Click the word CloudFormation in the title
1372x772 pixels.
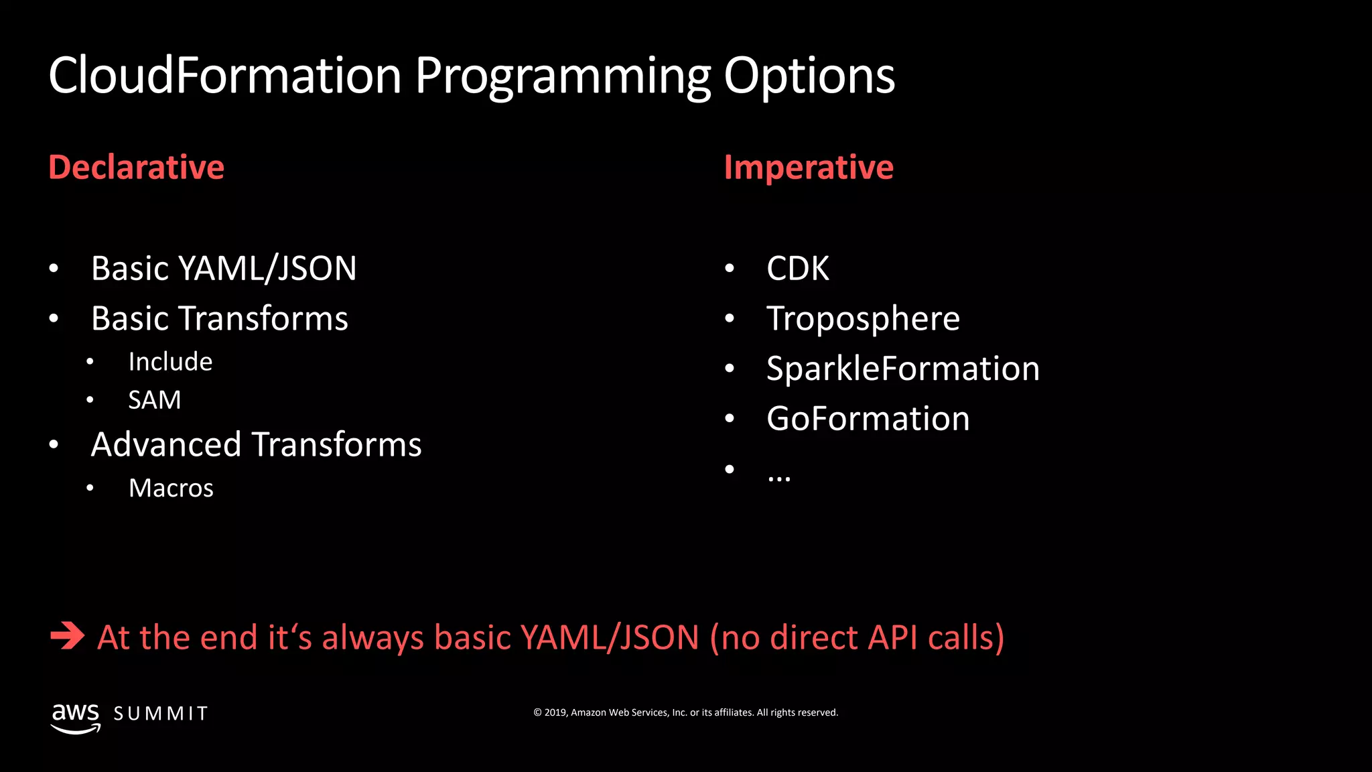click(x=224, y=75)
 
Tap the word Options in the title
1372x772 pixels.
click(x=809, y=76)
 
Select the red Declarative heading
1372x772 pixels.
click(x=136, y=167)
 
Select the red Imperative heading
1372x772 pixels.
click(x=808, y=168)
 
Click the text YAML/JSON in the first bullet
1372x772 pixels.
click(x=267, y=269)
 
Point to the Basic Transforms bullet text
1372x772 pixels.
click(x=219, y=318)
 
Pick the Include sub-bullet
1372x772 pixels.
click(x=170, y=362)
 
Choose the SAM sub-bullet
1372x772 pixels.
click(x=154, y=400)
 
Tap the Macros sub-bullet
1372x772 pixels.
click(x=171, y=488)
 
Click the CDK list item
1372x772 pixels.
click(x=797, y=269)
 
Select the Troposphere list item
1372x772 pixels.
click(x=863, y=319)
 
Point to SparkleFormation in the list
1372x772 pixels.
click(x=902, y=369)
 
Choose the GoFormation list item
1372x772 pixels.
click(x=868, y=419)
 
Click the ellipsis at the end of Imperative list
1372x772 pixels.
click(x=778, y=477)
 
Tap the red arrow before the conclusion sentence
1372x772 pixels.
click(x=67, y=636)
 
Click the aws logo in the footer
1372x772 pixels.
click(x=76, y=717)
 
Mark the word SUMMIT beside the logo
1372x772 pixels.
click(x=161, y=714)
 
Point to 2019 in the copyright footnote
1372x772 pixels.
click(x=555, y=712)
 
